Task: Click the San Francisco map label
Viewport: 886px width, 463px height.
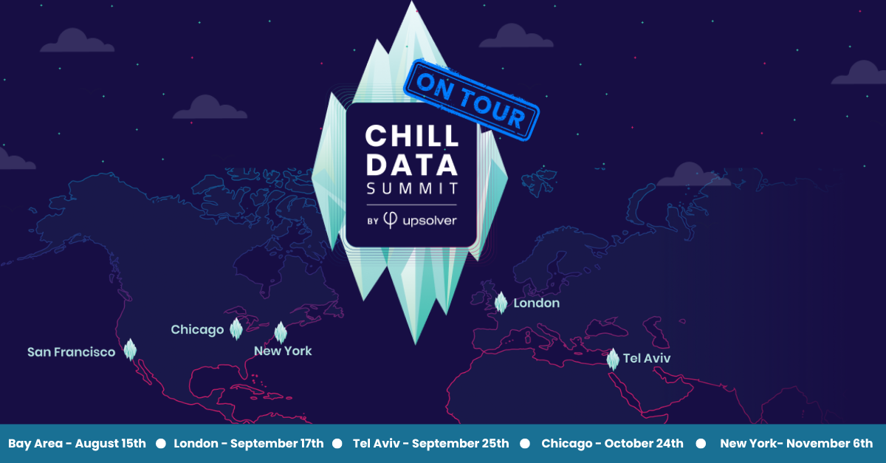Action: [x=71, y=352]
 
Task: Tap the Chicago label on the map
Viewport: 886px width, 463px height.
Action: [x=197, y=329]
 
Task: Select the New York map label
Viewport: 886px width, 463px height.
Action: [x=283, y=351]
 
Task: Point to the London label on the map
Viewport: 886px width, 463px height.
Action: [x=537, y=303]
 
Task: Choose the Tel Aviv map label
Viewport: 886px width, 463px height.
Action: [x=647, y=358]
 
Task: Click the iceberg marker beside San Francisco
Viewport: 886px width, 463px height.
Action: [x=131, y=349]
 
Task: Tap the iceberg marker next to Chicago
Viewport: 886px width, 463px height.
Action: [x=236, y=329]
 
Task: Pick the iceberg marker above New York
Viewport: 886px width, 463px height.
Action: [x=281, y=332]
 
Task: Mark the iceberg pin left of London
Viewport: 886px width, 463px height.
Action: [x=501, y=302]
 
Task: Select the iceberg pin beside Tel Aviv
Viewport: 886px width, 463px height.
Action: [x=613, y=359]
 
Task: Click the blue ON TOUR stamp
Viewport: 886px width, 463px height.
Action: [x=471, y=100]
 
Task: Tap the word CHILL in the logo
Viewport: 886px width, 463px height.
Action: [x=412, y=137]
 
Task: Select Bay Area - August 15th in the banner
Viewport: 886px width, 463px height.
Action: [x=78, y=444]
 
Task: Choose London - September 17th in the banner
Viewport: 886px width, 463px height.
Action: [x=249, y=444]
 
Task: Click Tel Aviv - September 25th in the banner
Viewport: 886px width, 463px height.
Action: [x=431, y=444]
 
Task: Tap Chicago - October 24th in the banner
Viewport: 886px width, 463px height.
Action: [x=612, y=444]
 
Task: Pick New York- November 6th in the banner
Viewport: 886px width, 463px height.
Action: [x=796, y=444]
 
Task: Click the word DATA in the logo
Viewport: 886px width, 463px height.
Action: [x=412, y=163]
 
